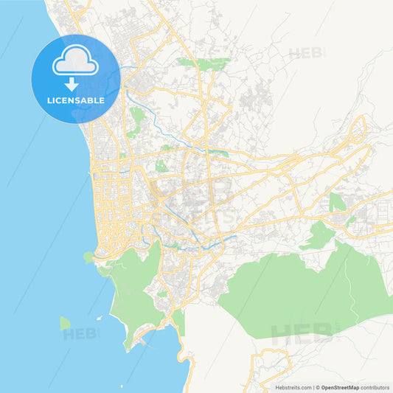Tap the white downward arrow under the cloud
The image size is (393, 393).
(x=75, y=84)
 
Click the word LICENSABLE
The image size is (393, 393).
(x=75, y=100)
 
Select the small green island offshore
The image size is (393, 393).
(x=65, y=323)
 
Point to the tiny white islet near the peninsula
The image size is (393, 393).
(x=112, y=319)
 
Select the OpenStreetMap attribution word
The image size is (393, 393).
(x=341, y=386)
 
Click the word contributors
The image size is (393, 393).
(x=375, y=386)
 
